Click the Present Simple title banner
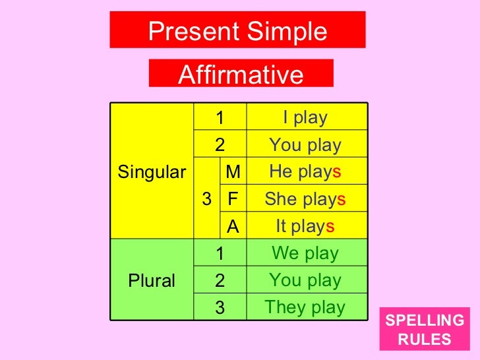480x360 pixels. [x=237, y=31]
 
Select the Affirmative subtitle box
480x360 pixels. [x=241, y=74]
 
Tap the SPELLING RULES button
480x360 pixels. [x=425, y=330]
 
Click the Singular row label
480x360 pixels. [x=152, y=172]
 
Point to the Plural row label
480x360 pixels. [x=152, y=280]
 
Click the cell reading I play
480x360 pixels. [x=305, y=117]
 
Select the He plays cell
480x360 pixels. [x=305, y=172]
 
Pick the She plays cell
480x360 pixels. [x=305, y=199]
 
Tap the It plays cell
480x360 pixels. [x=305, y=226]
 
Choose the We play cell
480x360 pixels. [x=305, y=253]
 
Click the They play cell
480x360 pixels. [x=305, y=307]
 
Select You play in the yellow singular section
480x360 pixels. [x=305, y=145]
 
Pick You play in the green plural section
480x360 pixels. [x=305, y=280]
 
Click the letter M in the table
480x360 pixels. [x=233, y=172]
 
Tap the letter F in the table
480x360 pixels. [x=233, y=199]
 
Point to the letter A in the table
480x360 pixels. [x=233, y=227]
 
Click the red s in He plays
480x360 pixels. [x=336, y=172]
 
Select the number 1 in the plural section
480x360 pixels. [x=220, y=254]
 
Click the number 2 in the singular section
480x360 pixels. [x=220, y=145]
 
